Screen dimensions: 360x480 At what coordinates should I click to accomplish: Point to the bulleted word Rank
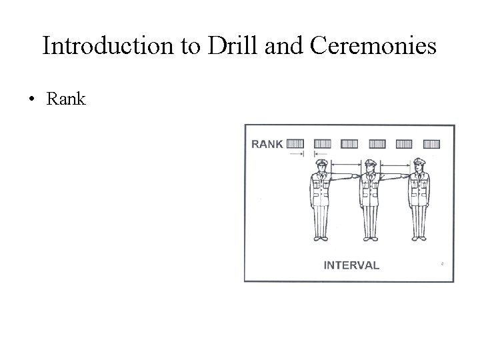66,100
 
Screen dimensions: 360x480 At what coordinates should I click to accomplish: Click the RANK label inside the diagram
267,143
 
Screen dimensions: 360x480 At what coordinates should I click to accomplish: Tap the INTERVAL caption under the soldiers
351,265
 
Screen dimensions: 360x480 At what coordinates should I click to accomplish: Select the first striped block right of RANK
296,143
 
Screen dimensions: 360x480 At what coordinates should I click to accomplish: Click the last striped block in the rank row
431,143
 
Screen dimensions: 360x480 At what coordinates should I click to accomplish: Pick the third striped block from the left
349,143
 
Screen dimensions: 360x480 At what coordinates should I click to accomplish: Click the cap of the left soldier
319,162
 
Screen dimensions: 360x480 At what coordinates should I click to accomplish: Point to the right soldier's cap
419,162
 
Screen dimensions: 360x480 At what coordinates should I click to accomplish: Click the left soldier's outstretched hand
353,177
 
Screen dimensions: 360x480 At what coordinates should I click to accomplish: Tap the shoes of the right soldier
419,237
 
